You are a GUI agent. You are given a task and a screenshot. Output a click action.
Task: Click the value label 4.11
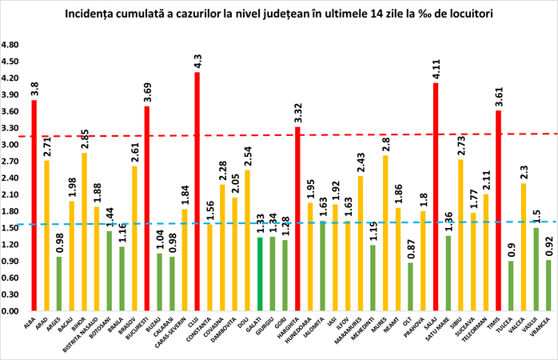coord(436,70)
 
